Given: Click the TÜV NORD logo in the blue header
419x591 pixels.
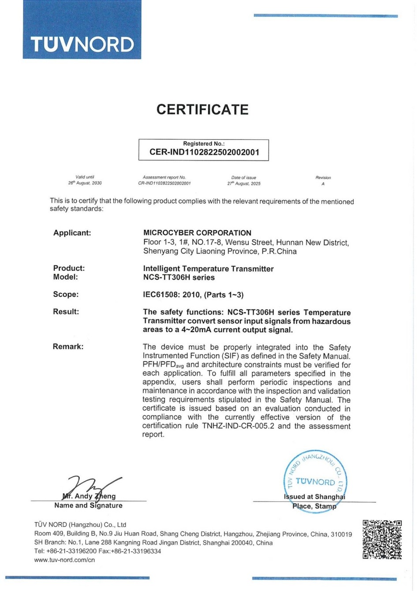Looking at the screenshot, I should [82, 45].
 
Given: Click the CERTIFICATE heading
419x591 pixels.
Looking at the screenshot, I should [202, 109].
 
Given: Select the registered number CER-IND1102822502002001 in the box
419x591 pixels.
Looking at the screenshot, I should [204, 153].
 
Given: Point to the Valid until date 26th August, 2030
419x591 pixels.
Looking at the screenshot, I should [85, 183].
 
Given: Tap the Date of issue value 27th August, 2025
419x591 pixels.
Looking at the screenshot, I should [244, 183].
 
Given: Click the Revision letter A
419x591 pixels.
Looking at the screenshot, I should [323, 183].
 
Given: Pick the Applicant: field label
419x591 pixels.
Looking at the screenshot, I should [72, 233].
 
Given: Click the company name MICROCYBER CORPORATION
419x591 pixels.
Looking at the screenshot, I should [197, 233].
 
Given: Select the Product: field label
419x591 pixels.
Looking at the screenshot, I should [69, 268].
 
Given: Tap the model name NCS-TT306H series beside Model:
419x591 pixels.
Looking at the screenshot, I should [179, 277].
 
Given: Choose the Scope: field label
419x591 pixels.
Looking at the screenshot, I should [66, 295].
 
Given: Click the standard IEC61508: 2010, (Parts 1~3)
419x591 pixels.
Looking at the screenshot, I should [193, 295].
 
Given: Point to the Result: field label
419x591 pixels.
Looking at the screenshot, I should [66, 312].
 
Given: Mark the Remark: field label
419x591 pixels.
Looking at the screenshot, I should [68, 347].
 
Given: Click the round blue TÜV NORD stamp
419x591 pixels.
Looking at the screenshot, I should [315, 481].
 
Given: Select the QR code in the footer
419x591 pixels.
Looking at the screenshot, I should [382, 539].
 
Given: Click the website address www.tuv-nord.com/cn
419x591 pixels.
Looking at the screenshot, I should [64, 560].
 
